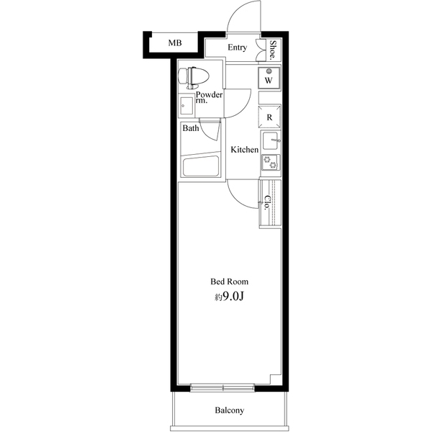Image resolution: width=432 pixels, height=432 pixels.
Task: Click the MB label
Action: (175, 44)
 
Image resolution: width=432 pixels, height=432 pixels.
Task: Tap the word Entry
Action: (238, 48)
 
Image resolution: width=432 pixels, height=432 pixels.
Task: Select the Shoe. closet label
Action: (274, 48)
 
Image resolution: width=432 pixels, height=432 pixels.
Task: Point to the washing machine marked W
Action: (269, 76)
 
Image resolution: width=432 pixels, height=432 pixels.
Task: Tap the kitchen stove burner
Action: (271, 163)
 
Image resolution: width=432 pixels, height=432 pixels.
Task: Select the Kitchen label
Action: (244, 150)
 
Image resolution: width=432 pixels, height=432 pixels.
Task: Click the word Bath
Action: (190, 129)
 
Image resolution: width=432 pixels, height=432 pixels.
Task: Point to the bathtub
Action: (201, 166)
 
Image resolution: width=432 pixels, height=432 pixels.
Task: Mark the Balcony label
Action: (230, 411)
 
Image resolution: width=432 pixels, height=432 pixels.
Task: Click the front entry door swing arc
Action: (241, 18)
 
